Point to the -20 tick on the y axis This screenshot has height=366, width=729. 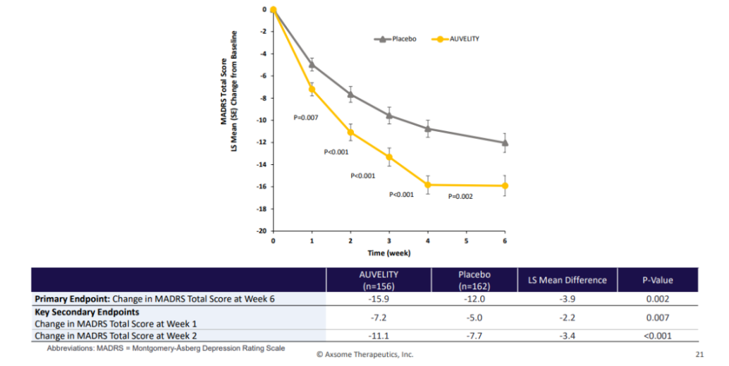pyautogui.click(x=262, y=231)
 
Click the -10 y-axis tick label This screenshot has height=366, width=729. pyautogui.click(x=262, y=120)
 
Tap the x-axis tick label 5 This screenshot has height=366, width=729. pyautogui.click(x=466, y=240)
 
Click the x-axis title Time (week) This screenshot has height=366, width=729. pyautogui.click(x=388, y=252)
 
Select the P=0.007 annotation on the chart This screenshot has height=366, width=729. pyautogui.click(x=307, y=118)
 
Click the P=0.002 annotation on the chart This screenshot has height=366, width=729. pyautogui.click(x=461, y=197)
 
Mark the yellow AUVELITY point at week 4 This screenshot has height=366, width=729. pyautogui.click(x=428, y=185)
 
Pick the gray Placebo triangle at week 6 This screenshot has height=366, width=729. pyautogui.click(x=505, y=142)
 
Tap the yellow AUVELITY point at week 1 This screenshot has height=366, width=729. pyautogui.click(x=312, y=90)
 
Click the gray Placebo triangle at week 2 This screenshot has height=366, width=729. pyautogui.click(x=350, y=94)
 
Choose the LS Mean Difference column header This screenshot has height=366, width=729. pyautogui.click(x=568, y=280)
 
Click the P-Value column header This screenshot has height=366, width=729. pyautogui.click(x=657, y=280)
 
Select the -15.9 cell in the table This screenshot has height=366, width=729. pyautogui.click(x=379, y=299)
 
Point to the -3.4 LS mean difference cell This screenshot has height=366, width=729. pyautogui.click(x=568, y=336)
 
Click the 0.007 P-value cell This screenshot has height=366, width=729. pyautogui.click(x=657, y=318)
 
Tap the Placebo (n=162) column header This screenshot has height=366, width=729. pyautogui.click(x=474, y=280)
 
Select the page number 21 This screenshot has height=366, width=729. pyautogui.click(x=700, y=354)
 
